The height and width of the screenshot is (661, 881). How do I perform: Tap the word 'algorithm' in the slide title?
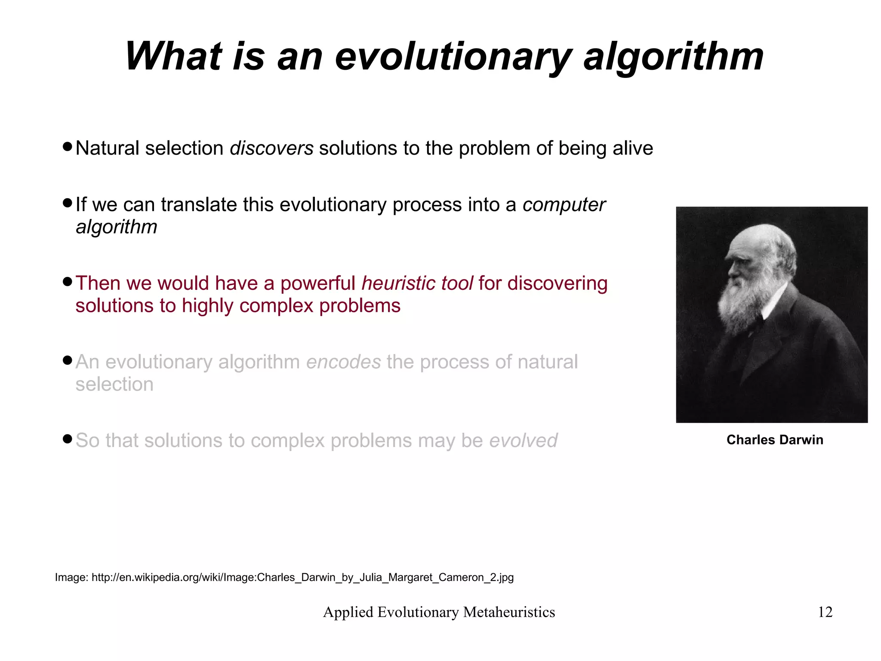(x=673, y=57)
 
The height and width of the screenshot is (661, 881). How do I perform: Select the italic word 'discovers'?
(x=271, y=149)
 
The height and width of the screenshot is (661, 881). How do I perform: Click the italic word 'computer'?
(x=564, y=205)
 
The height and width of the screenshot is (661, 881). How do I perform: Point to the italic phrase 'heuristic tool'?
(x=417, y=284)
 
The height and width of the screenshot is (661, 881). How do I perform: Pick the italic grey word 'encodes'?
(x=343, y=362)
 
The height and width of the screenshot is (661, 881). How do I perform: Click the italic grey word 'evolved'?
(x=523, y=441)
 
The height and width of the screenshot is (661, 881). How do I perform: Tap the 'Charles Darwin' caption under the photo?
(x=774, y=440)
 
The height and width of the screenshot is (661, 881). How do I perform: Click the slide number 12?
(x=825, y=612)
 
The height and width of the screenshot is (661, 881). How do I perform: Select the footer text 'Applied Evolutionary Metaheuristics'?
(x=439, y=612)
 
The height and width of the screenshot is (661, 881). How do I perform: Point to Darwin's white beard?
(x=740, y=304)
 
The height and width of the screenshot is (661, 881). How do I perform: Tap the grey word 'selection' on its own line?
(x=114, y=385)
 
